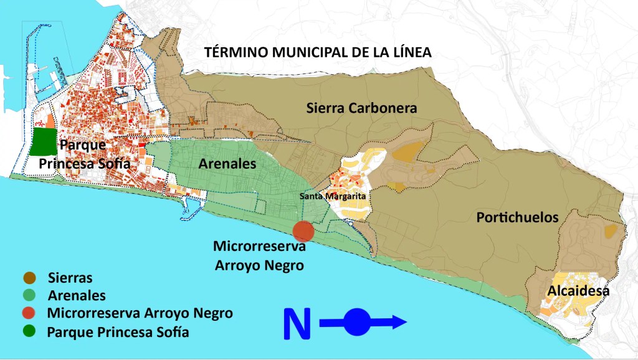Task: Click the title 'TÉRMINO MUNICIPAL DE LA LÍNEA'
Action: tap(318, 52)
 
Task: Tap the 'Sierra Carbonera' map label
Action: tap(361, 108)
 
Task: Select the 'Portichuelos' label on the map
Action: tap(517, 217)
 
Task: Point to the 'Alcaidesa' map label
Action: tap(578, 291)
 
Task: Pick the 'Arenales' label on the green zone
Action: tap(227, 165)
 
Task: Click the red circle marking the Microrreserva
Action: tap(303, 230)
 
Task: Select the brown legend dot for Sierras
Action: tap(29, 278)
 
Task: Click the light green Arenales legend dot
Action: tap(29, 295)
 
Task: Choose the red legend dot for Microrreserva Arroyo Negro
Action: tap(29, 313)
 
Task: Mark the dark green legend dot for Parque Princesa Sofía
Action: tap(29, 331)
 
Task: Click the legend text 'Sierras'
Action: tap(70, 278)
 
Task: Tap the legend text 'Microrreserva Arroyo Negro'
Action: tap(140, 313)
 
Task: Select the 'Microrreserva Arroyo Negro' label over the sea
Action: tap(259, 255)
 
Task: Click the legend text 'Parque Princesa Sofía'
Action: tap(118, 331)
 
